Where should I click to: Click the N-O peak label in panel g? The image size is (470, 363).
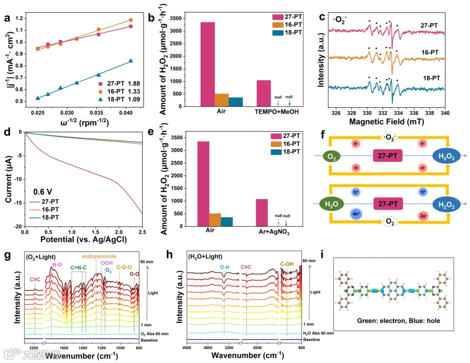click(x=57, y=264)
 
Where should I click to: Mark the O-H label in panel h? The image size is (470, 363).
click(x=225, y=266)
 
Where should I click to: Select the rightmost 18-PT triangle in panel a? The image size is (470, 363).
click(x=131, y=61)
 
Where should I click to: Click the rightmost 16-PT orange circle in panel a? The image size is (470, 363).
click(x=131, y=20)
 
